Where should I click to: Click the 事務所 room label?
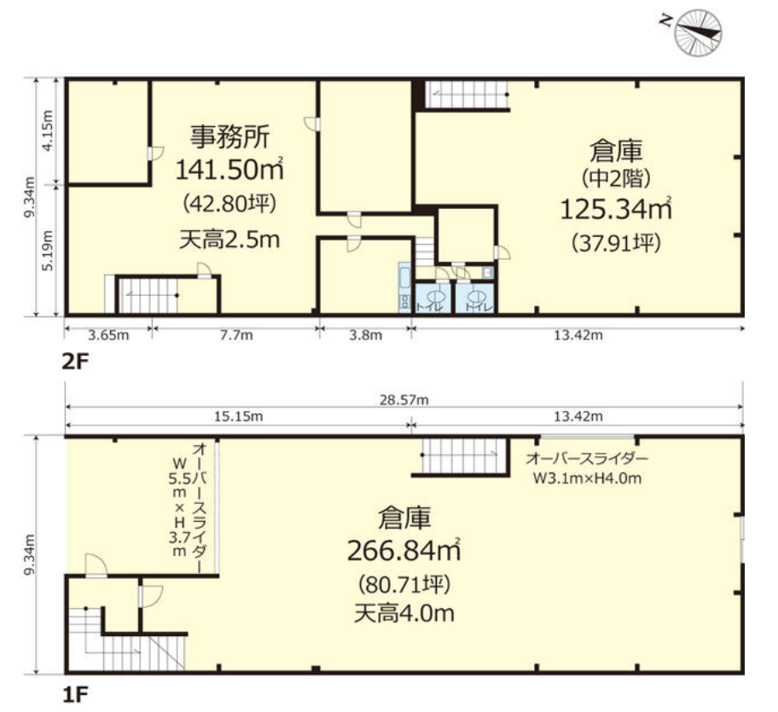tap(229, 136)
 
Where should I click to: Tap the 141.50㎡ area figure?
tap(228, 170)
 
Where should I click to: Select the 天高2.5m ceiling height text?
tap(229, 240)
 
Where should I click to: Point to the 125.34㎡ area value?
tap(615, 207)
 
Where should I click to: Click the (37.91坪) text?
tap(615, 241)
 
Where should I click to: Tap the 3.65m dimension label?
tap(108, 335)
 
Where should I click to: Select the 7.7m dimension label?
tap(235, 335)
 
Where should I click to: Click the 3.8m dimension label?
tap(365, 335)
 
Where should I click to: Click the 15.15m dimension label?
tap(238, 417)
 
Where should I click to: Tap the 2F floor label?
tap(75, 361)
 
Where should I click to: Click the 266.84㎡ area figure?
tap(403, 551)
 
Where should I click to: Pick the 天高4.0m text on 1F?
tap(403, 612)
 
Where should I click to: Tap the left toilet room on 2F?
tap(433, 298)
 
